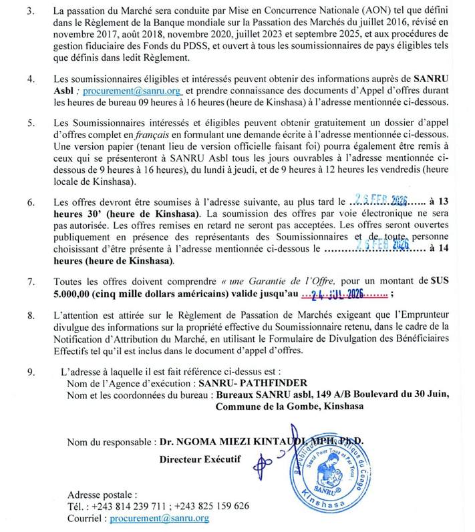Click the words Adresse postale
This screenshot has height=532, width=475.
coord(102,494)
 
